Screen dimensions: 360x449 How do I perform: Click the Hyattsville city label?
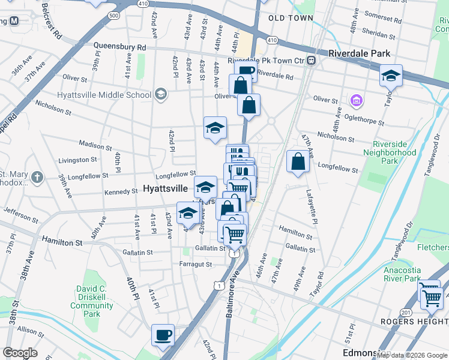click(166, 188)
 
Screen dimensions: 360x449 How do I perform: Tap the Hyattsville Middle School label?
click(104, 95)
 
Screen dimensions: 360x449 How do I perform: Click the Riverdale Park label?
click(360, 53)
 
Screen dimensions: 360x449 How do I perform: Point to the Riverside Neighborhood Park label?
click(394, 152)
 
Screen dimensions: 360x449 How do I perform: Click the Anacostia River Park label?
click(411, 274)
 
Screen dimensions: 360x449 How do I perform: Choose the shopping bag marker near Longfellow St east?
click(298, 161)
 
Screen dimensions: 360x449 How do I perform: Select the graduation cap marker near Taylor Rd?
click(390, 77)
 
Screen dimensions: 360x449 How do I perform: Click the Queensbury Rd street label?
click(119, 46)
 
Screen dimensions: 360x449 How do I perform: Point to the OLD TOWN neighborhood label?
click(291, 18)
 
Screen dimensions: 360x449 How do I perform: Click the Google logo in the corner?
click(20, 352)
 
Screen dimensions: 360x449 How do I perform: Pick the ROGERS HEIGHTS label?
click(415, 322)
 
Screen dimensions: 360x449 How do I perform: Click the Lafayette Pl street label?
click(310, 207)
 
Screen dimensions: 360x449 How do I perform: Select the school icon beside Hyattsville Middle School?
click(160, 94)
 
